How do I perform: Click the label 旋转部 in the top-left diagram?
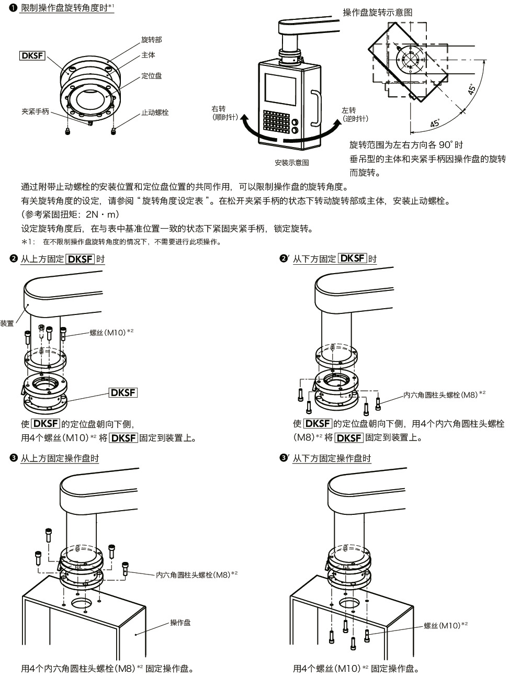151,40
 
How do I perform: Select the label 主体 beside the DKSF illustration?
148,55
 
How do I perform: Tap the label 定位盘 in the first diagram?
151,76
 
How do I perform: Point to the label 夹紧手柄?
35,111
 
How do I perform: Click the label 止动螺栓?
155,112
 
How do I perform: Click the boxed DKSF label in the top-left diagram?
32,56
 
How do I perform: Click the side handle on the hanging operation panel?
315,109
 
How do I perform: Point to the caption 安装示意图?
291,162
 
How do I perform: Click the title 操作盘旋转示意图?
377,13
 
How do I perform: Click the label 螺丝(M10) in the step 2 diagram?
108,332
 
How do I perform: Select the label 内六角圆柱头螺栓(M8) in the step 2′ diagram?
440,395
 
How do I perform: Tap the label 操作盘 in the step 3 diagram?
180,623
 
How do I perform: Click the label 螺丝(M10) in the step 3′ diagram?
442,625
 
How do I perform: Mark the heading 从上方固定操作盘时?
59,458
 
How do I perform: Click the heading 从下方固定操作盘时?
332,458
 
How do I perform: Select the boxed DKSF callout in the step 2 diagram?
123,392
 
